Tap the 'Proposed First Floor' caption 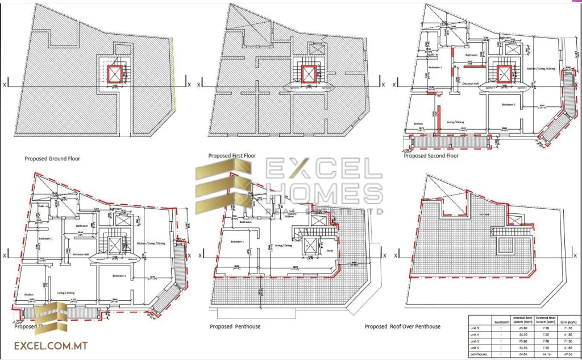pyautogui.click(x=232, y=155)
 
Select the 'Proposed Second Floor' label pyautogui.click(x=431, y=155)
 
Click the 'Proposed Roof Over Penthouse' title pyautogui.click(x=402, y=326)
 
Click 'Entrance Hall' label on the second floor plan pyautogui.click(x=469, y=84)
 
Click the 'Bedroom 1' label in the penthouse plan pyautogui.click(x=238, y=242)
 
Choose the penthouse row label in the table pyautogui.click(x=479, y=354)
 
